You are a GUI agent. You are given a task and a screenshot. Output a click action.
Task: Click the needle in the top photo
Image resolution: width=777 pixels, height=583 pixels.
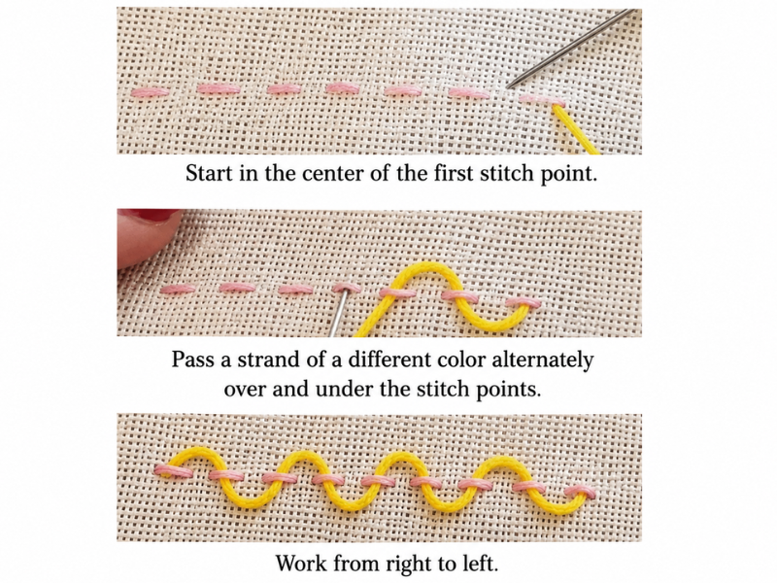point(572,49)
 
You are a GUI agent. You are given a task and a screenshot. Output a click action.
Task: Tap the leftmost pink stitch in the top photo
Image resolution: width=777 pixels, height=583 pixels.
point(149,92)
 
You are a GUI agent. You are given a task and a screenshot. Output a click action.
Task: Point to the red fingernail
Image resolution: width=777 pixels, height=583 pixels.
point(149,215)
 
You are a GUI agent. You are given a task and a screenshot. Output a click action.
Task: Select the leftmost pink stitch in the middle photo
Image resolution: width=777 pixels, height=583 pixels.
point(179,290)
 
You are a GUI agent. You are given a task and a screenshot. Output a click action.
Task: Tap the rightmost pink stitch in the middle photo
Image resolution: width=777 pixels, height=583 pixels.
point(524,302)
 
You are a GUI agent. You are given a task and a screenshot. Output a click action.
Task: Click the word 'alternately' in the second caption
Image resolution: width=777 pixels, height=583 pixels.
point(542,360)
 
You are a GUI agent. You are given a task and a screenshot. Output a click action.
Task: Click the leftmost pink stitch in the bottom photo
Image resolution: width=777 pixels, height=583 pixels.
point(174,470)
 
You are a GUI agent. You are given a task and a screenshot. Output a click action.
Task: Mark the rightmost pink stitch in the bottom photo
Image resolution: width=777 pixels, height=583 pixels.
point(580,492)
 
